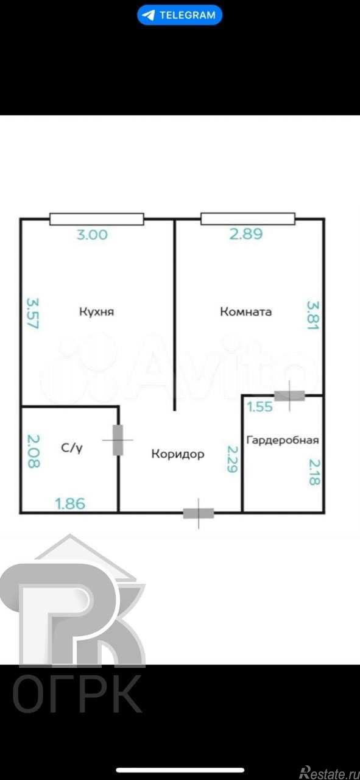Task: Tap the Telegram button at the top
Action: point(180,15)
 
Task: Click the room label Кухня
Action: point(97,312)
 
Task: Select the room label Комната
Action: point(245,312)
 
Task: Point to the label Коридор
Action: point(178,454)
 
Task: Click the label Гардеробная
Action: point(282,439)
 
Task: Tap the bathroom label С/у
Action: point(72,448)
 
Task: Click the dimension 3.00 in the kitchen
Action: point(93,235)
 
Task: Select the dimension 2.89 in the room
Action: point(246,235)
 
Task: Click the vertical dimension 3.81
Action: point(312,315)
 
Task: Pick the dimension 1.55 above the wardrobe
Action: point(260,407)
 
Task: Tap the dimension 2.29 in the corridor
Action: point(232,459)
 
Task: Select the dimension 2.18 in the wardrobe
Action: point(314,472)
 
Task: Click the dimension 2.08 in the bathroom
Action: point(33,450)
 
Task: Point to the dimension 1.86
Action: point(71,504)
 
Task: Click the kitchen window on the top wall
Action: point(97,219)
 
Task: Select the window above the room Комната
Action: point(248,219)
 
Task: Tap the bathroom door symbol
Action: point(118,439)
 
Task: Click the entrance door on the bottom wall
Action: point(199,512)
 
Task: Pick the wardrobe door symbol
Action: point(289,395)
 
